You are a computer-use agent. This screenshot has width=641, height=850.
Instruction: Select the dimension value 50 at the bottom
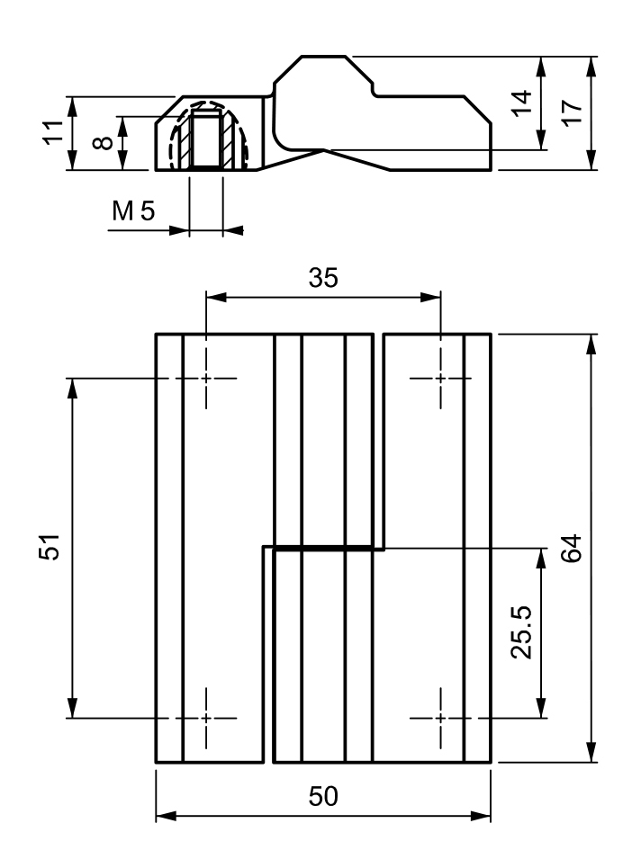point(323,797)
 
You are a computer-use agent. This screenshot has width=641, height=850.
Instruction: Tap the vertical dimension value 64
point(572,548)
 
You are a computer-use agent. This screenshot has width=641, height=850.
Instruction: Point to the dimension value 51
point(51,547)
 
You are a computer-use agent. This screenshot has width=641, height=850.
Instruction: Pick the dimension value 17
point(572,113)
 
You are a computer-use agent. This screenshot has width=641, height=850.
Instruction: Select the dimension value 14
point(521,103)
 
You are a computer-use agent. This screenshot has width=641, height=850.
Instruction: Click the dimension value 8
point(103,142)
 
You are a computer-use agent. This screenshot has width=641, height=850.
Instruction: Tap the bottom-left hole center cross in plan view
point(206,718)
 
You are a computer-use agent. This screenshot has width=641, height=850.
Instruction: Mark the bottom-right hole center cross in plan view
point(440,718)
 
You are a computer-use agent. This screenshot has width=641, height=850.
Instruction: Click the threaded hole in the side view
point(207,139)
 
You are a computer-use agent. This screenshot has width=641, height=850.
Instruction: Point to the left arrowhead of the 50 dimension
point(162,818)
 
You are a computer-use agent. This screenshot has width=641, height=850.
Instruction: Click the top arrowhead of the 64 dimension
point(591,341)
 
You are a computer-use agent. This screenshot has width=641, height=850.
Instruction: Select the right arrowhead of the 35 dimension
point(435,296)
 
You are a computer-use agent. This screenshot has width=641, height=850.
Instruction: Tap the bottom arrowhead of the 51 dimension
point(72,711)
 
